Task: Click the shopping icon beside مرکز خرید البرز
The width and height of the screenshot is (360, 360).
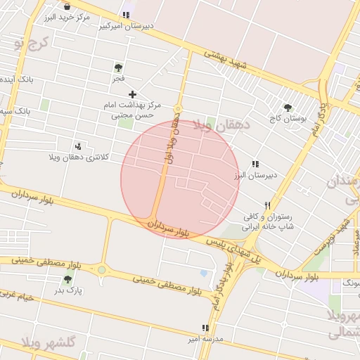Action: coord(67,6)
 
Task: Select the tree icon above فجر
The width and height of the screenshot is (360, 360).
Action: coord(118,68)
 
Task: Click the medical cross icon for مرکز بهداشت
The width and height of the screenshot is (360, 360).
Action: coord(132,94)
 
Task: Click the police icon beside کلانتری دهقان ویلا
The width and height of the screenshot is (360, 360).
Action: coord(78,146)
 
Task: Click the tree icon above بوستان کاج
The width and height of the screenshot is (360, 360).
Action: coord(288,108)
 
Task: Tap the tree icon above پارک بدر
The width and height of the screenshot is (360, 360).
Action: coord(67,279)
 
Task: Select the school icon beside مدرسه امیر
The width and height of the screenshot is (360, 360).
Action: coord(205,328)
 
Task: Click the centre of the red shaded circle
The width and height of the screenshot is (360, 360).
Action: coord(180,179)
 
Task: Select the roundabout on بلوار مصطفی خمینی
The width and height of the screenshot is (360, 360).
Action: coord(102,269)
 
